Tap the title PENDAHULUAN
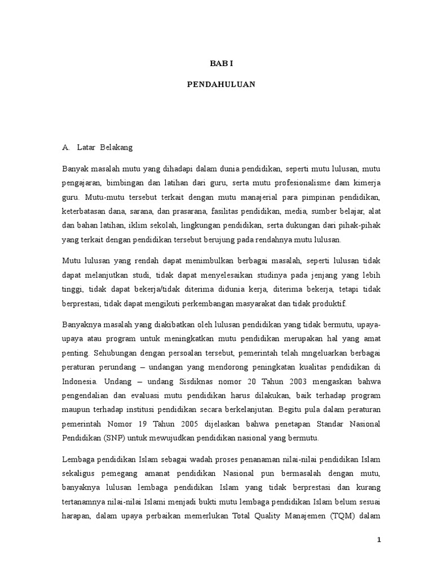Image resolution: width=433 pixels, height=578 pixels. (221, 84)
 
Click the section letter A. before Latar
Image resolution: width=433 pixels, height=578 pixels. (67, 148)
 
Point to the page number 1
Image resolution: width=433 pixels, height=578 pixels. (380, 540)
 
